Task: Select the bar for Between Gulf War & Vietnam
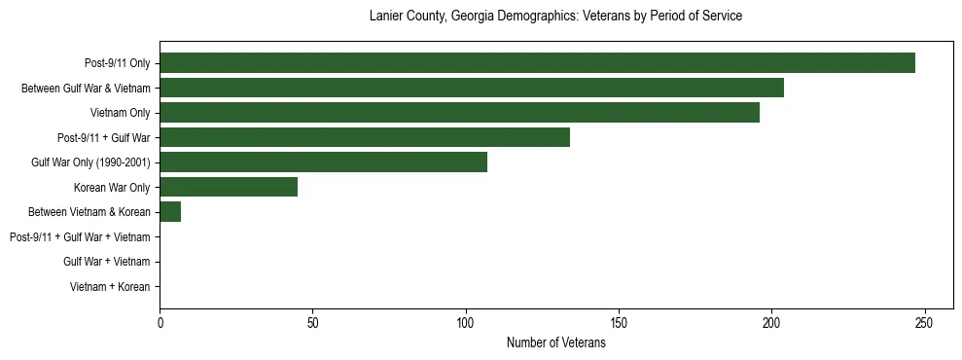pos(472,88)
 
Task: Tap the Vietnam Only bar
pos(459,113)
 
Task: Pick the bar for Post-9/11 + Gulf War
pos(365,137)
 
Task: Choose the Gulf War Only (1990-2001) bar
pos(323,162)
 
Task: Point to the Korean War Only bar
pos(229,187)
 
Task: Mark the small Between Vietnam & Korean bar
pos(170,211)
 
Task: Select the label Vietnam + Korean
pos(110,287)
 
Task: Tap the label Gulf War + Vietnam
pos(106,262)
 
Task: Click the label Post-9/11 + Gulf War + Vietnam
pos(80,236)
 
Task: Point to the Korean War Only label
pos(112,187)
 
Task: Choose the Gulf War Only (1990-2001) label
pos(90,162)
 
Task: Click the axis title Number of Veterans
pos(556,342)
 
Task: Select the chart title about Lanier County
pos(556,17)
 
